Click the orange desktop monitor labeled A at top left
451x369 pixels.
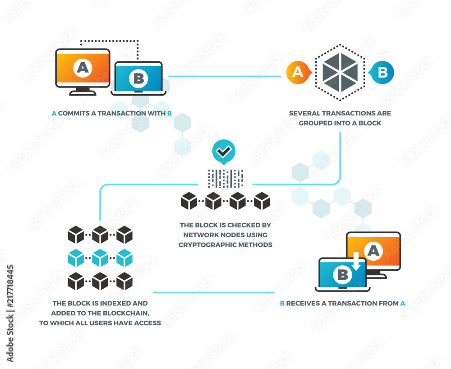[83, 68]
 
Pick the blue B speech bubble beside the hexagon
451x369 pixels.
[382, 72]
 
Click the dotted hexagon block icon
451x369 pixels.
[341, 72]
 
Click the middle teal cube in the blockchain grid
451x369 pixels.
[100, 258]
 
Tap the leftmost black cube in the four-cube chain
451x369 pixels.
[189, 201]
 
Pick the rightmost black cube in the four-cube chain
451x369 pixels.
[262, 201]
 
